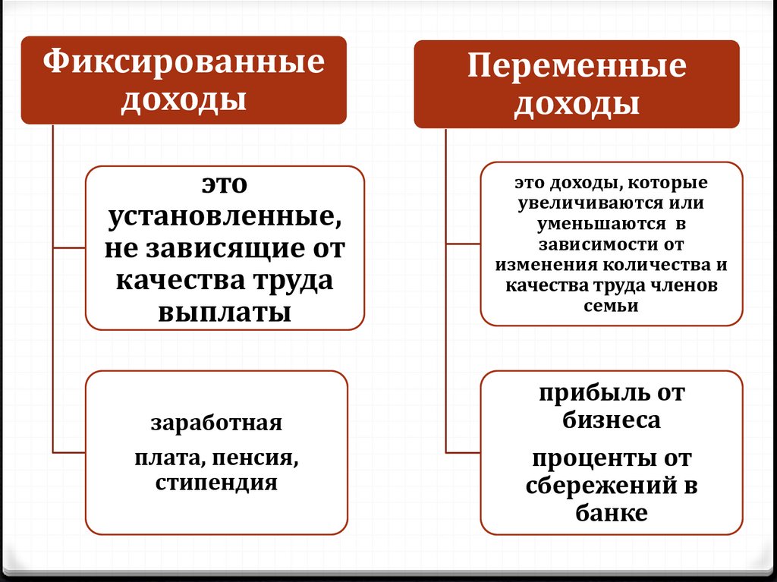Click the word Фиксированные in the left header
coord(183,62)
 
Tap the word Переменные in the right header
coord(576,67)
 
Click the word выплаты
coord(225,312)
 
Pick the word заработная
coord(216,423)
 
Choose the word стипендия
coord(216,483)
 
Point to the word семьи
coord(612,306)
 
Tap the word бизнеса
coord(612,420)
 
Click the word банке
coord(612,513)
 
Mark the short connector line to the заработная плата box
coord(69,452)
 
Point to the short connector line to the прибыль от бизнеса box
coord(464,452)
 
